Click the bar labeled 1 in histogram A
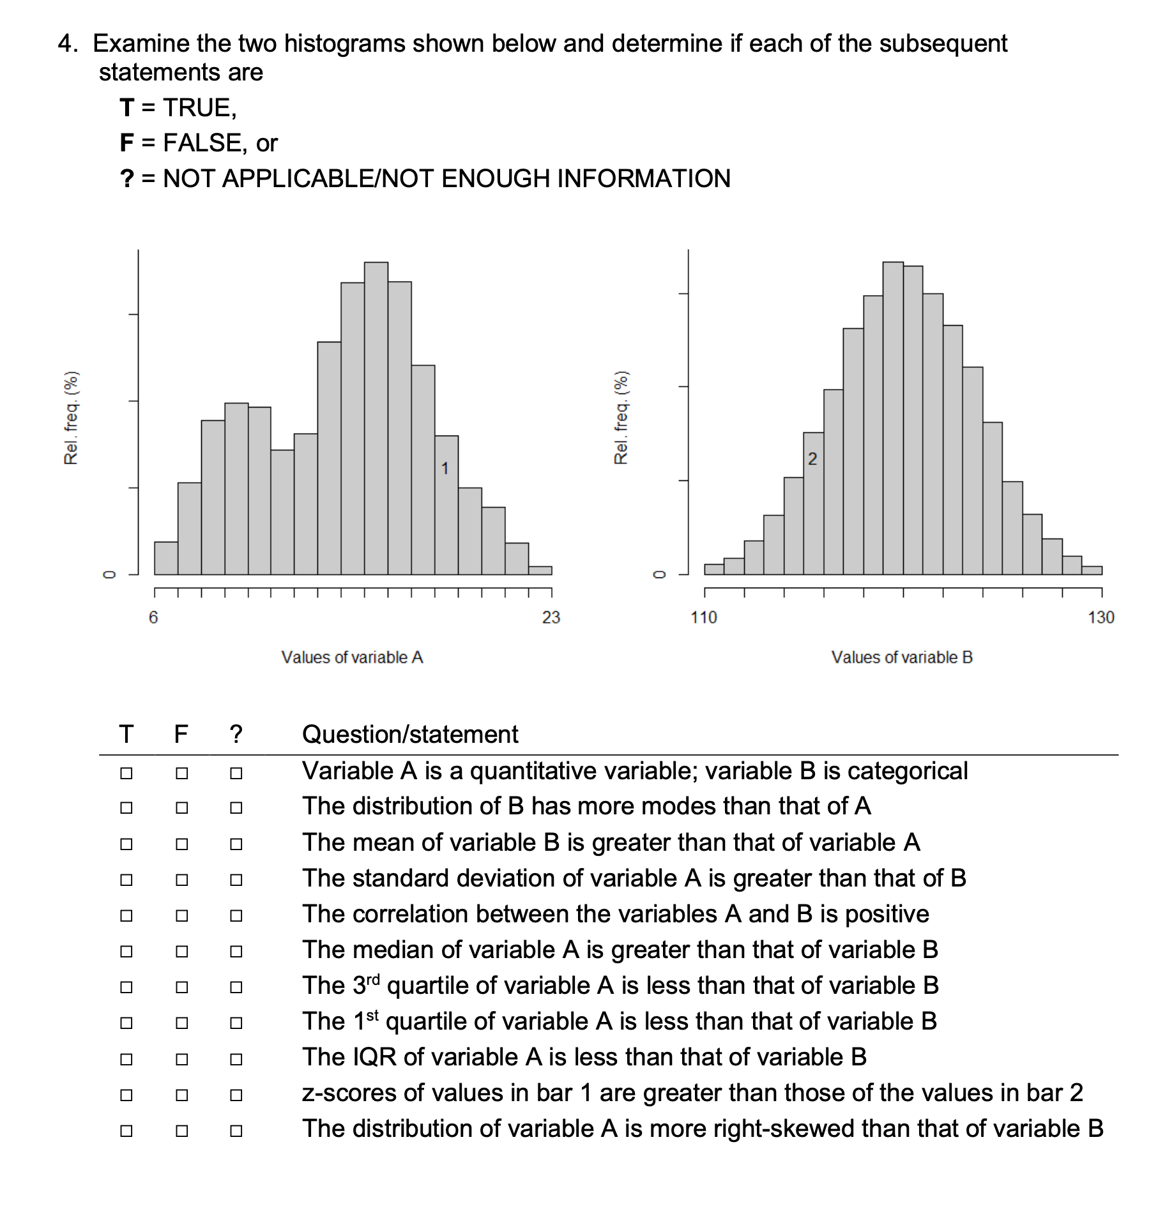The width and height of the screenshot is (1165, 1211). pyautogui.click(x=446, y=505)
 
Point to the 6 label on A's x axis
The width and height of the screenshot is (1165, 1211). pyautogui.click(x=153, y=618)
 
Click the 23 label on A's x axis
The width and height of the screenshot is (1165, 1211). pyautogui.click(x=551, y=618)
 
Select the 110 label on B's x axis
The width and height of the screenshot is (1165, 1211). pyautogui.click(x=704, y=618)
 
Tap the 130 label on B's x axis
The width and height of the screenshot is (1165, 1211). pyautogui.click(x=1101, y=618)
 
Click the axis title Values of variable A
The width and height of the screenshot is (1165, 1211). pyautogui.click(x=352, y=657)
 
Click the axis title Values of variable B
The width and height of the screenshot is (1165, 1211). pyautogui.click(x=902, y=657)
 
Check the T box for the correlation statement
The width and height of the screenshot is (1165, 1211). pyautogui.click(x=126, y=915)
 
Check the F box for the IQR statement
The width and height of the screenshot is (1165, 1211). pyautogui.click(x=182, y=1059)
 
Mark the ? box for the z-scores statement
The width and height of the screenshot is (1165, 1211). pyautogui.click(x=236, y=1095)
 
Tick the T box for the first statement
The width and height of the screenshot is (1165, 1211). pyautogui.click(x=126, y=773)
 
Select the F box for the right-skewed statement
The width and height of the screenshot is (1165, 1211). pyautogui.click(x=182, y=1131)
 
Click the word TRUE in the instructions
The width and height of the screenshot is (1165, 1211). pyautogui.click(x=200, y=108)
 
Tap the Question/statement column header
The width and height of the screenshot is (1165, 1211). pyautogui.click(x=410, y=735)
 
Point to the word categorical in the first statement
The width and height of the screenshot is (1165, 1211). pyautogui.click(x=908, y=772)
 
